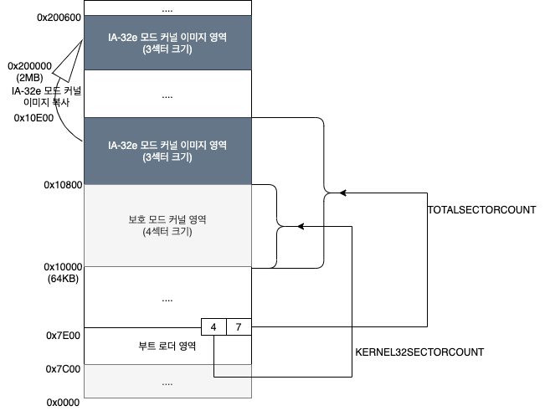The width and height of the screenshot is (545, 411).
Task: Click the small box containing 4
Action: [x=213, y=326]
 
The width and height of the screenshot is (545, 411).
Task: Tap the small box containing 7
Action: [x=239, y=326]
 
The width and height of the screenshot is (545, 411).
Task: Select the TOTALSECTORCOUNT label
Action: [x=481, y=210]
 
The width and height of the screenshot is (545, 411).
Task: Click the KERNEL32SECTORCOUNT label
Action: [x=420, y=352]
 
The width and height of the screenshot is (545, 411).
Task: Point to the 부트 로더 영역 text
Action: [x=167, y=346]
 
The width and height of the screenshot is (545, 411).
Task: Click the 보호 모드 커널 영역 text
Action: [x=167, y=219]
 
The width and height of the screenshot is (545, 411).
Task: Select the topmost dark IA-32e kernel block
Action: [x=167, y=42]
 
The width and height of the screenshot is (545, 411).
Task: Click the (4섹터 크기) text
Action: [x=167, y=232]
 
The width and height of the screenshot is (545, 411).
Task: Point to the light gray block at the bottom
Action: [x=167, y=383]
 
